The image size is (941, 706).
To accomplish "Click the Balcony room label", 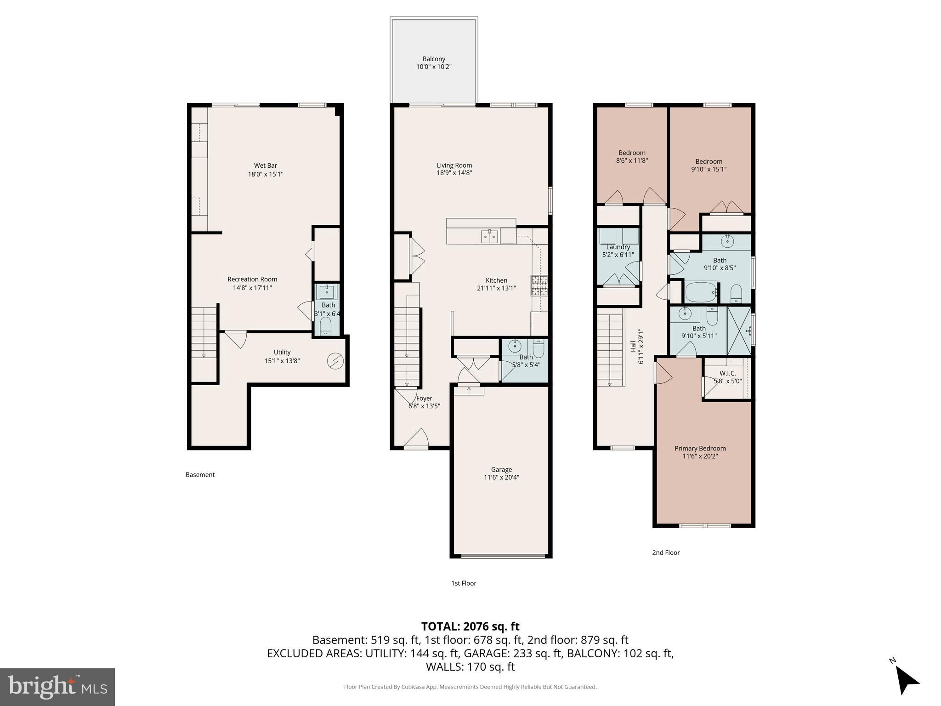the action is [x=434, y=59].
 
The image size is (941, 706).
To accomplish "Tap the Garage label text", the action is [x=501, y=469].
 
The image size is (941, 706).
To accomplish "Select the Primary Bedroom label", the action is [x=700, y=448].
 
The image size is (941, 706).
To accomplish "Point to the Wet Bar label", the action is [x=266, y=165].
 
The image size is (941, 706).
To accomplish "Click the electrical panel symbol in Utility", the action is [x=335, y=361].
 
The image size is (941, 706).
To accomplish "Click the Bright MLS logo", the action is [x=57, y=687].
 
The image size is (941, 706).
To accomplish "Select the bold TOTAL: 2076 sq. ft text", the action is [x=470, y=626].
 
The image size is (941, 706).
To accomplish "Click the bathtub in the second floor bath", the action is [x=701, y=292].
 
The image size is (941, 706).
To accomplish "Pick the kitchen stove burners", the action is [x=539, y=285].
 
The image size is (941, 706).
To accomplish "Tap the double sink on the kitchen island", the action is [x=490, y=236].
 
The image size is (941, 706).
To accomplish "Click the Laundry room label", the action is [x=618, y=247].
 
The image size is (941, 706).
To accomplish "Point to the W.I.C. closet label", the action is [x=727, y=373].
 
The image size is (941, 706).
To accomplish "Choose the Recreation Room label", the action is [x=252, y=279].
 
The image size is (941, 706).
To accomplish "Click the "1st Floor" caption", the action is [x=464, y=583].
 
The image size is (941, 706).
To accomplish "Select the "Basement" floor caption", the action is [x=200, y=474].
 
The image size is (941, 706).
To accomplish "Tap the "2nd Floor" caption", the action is [x=666, y=552].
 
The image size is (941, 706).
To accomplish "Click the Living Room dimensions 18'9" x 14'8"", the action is [x=454, y=173].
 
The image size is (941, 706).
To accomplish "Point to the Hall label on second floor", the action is [x=633, y=346].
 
